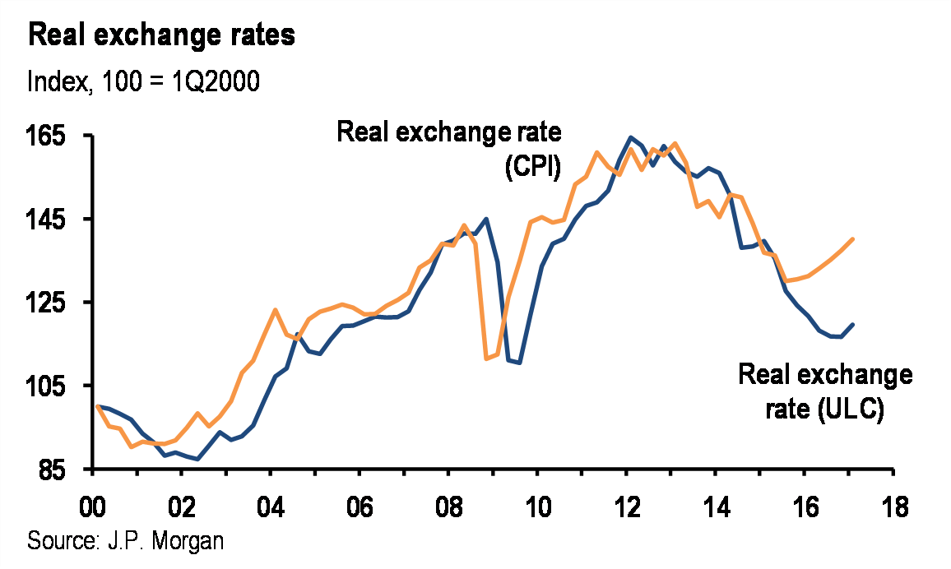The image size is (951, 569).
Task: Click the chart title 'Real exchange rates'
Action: point(162,36)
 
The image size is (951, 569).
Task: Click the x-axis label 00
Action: point(92,505)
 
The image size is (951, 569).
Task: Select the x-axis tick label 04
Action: point(270,505)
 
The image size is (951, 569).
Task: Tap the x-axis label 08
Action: point(448,505)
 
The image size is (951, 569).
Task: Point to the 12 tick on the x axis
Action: point(626,505)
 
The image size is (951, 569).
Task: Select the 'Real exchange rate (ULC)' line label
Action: point(825,391)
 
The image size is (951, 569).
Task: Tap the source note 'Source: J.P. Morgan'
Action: point(126,542)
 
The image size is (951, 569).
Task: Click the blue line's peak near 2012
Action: point(630,137)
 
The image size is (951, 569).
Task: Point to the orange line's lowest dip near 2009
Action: point(486,359)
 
